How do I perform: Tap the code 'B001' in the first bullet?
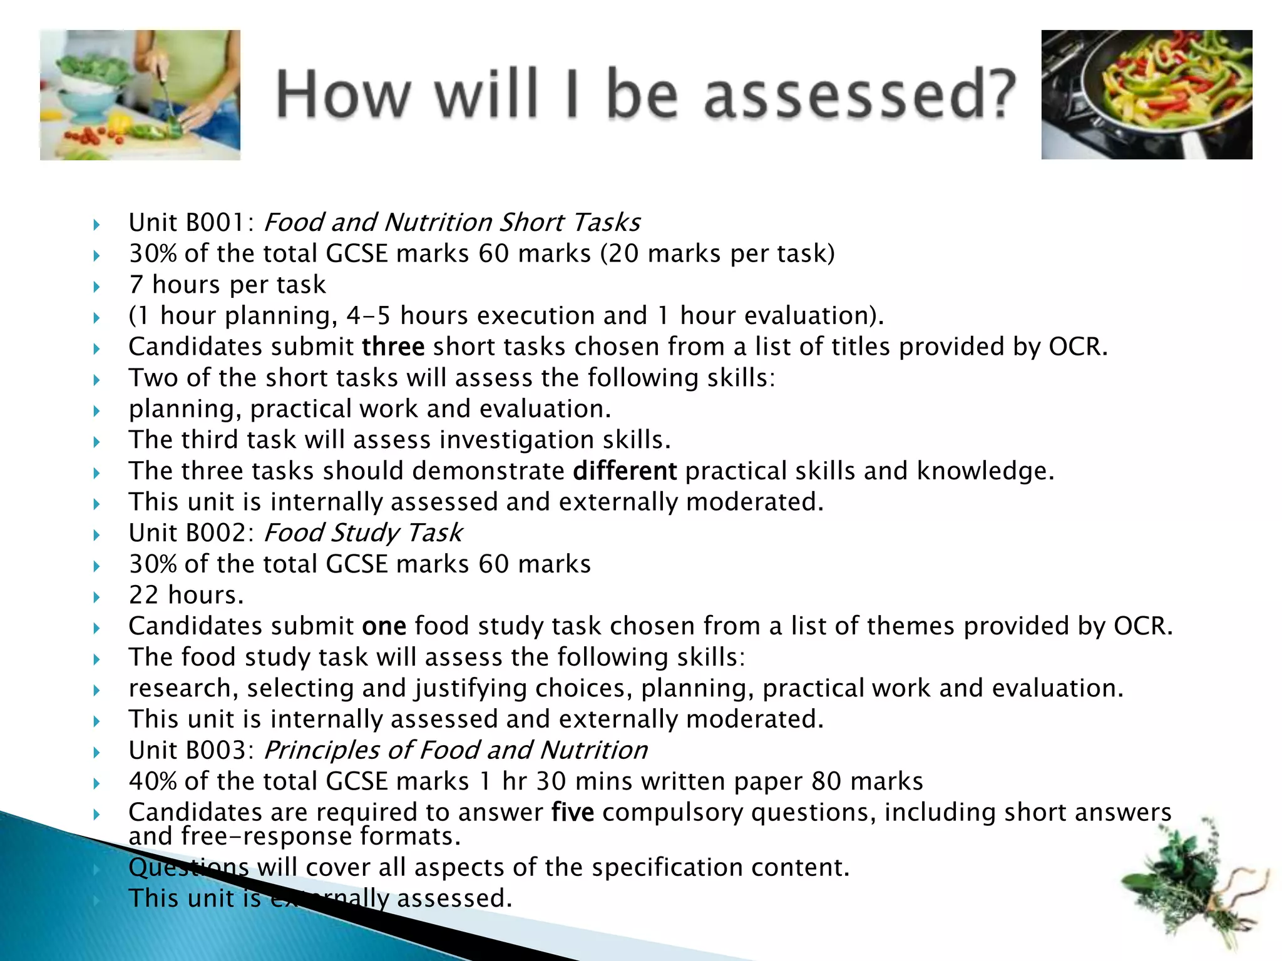[215, 223]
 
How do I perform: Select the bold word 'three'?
[393, 347]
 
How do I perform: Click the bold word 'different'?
[624, 471]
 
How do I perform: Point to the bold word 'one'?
[384, 626]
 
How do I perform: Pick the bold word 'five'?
[572, 812]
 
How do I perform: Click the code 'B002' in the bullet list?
[215, 533]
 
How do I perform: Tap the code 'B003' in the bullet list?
[215, 750]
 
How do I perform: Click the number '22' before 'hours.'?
[143, 595]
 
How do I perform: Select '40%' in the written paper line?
[153, 781]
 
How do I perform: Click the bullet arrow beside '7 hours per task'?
[96, 287]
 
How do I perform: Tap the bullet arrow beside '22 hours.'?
[96, 597]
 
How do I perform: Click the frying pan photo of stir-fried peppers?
[1146, 94]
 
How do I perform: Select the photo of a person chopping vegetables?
[140, 95]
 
